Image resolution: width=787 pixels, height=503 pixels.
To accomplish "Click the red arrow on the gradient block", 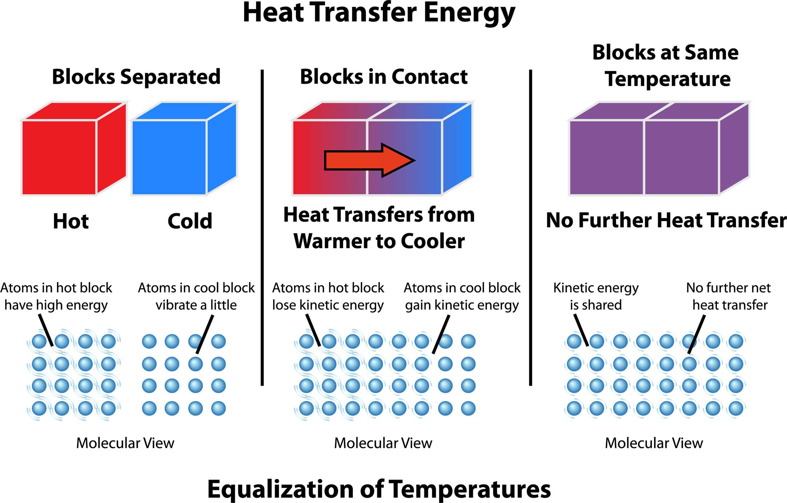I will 367,161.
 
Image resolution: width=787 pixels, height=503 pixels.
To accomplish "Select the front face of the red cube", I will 59,158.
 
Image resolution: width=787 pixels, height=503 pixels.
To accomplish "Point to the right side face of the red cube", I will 112,148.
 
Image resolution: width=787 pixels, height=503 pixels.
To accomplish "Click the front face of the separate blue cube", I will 169,158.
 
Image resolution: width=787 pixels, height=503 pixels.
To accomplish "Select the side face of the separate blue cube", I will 222,148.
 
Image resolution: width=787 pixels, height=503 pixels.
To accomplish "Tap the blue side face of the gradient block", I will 457,148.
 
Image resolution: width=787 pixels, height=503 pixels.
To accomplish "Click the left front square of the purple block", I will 606,158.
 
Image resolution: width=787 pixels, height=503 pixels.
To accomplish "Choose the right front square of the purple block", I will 682,158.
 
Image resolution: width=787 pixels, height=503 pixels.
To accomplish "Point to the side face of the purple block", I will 734,148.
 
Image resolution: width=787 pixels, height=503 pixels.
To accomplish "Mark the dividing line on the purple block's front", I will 644,158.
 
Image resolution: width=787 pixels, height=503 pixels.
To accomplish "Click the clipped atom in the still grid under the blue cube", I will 195,341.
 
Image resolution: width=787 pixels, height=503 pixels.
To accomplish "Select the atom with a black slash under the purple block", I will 689,341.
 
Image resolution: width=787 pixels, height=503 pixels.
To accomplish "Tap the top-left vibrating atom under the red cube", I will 39,341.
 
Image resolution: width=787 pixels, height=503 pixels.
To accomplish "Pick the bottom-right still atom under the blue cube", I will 218,408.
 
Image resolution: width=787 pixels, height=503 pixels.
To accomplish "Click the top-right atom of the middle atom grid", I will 468,341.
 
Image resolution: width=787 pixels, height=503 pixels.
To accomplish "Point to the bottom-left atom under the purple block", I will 574,408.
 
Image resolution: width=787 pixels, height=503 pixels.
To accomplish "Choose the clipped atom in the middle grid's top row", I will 445,341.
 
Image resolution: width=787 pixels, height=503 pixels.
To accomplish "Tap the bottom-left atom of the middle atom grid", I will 306,408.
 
